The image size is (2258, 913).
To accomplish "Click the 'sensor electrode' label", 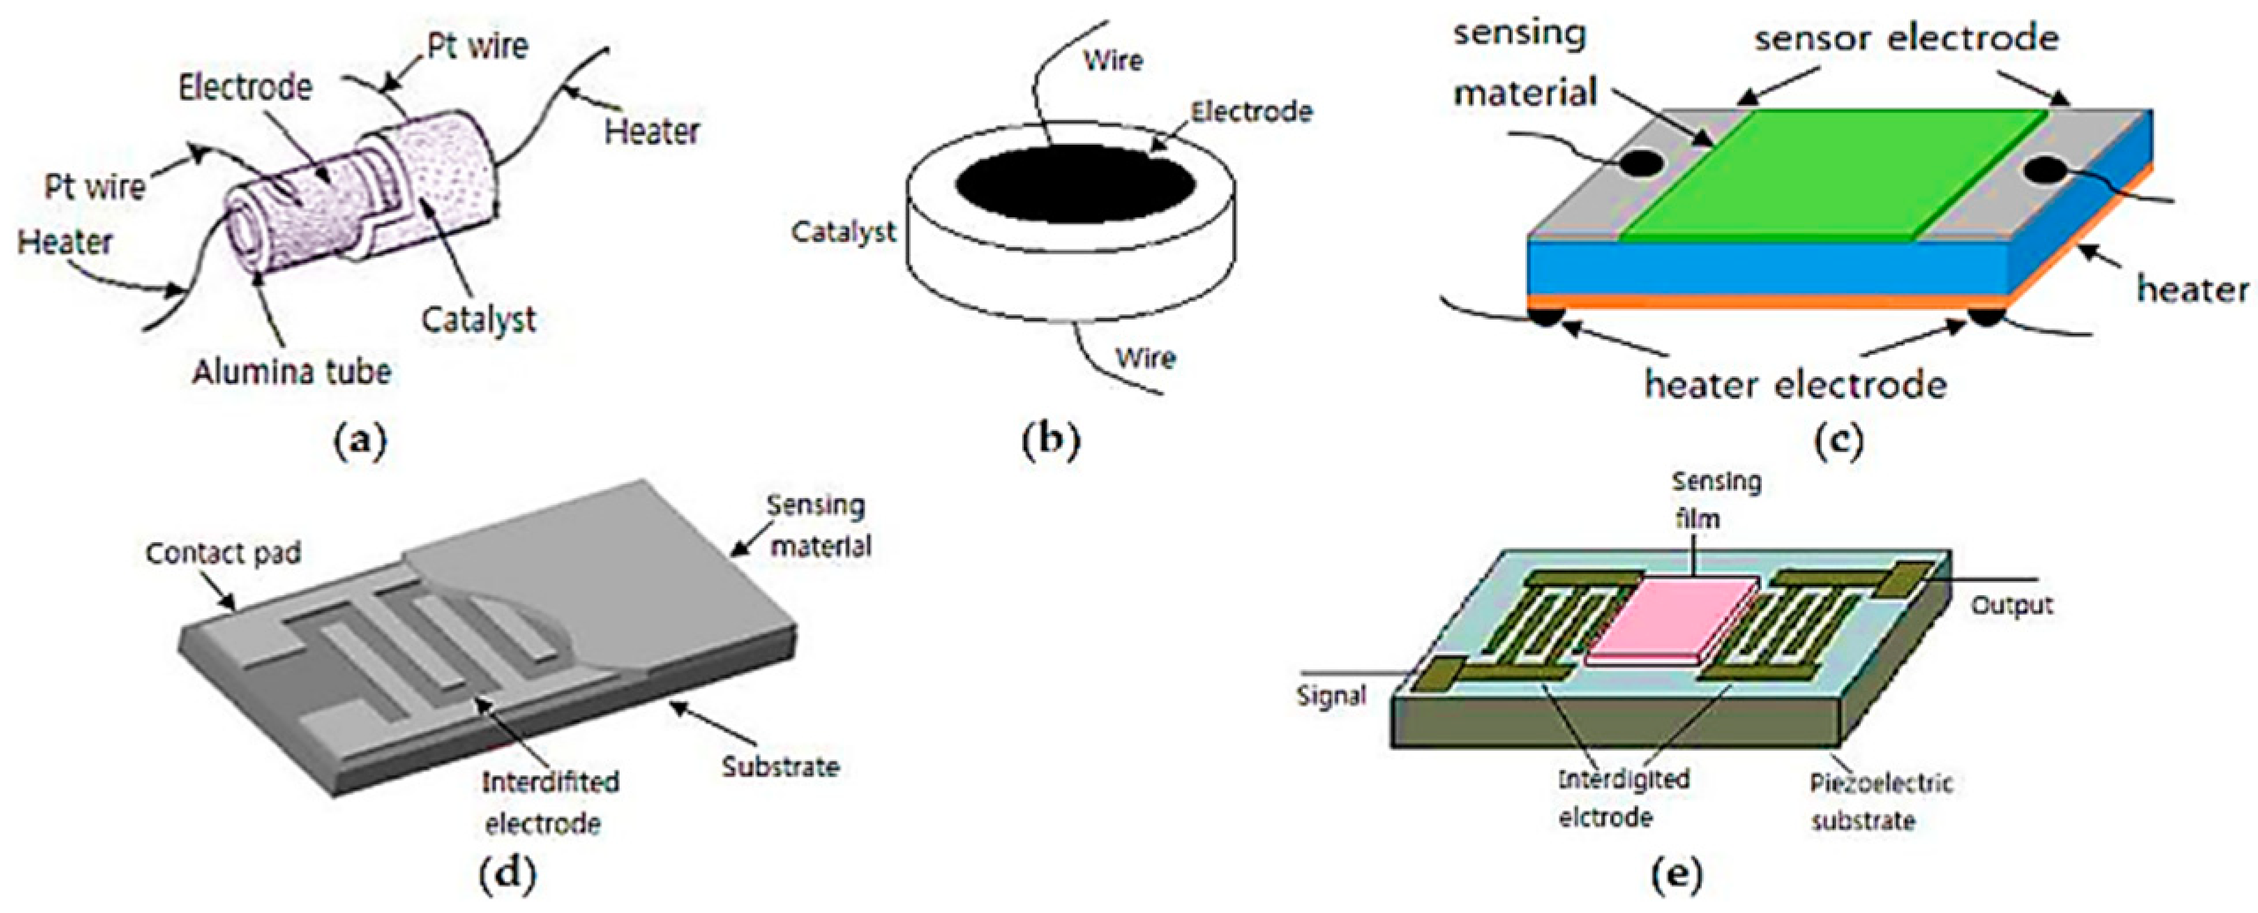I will (1907, 38).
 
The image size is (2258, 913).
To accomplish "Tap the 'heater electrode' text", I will (1795, 384).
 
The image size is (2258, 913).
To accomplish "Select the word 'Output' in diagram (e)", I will (2013, 606).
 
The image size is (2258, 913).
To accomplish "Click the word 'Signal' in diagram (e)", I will (1331, 696).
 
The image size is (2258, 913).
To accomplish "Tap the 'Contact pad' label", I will (223, 554).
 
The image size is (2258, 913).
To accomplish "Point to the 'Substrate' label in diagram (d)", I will (780, 766).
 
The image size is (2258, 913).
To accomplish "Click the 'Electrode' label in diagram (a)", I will (245, 87).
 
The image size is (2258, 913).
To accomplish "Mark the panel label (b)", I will (1050, 439).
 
